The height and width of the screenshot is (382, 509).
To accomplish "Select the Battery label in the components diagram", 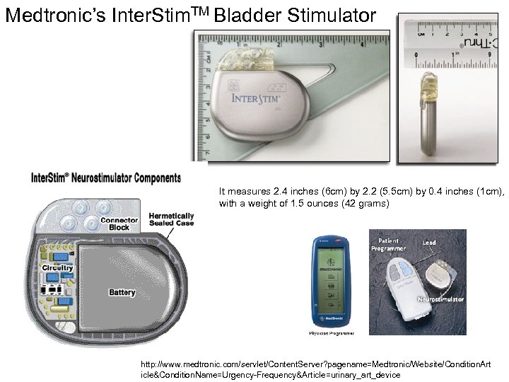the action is (122, 291).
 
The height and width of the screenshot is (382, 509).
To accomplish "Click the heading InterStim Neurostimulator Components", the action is (105, 178).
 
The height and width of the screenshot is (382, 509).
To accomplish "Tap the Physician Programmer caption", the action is (332, 331).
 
